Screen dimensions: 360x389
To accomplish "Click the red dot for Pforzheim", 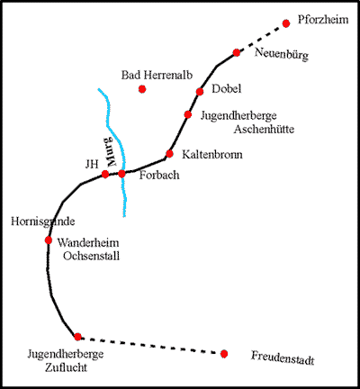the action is point(286,23).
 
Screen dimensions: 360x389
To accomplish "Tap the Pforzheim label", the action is point(323,20).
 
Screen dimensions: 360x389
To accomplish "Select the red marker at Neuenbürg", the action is point(237,53).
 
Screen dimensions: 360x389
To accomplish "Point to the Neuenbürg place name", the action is point(282,54).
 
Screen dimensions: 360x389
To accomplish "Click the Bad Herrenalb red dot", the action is point(142,89).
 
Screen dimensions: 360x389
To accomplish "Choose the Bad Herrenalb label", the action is point(157,75).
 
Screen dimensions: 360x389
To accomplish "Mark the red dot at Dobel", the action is point(200,92).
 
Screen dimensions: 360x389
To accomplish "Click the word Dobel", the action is point(227,88).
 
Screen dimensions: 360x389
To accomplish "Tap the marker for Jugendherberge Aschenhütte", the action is point(188,114).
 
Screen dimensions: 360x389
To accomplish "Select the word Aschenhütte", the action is point(264,130).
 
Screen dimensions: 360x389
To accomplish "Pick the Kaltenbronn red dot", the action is point(169,154).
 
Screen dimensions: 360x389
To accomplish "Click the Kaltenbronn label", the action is point(212,155).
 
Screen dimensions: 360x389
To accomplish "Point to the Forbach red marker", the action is point(121,174).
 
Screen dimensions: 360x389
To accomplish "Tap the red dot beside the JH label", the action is point(105,174).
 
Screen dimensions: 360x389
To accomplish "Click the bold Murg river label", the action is point(109,152).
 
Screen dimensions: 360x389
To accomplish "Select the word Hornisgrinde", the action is point(43,222).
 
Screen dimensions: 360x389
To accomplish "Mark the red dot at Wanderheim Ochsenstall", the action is point(49,240).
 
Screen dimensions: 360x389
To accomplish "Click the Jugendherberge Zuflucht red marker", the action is point(77,337).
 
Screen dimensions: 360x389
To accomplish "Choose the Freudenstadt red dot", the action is point(224,354).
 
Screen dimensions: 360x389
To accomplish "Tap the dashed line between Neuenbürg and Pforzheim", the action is point(261,38).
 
